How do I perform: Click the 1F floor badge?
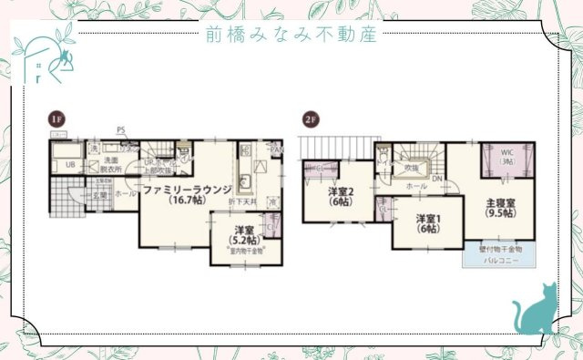tap(56, 119)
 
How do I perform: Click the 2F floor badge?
tap(311, 119)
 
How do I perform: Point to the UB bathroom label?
tap(68, 165)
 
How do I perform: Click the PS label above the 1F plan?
tap(120, 130)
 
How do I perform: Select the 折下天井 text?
tap(243, 201)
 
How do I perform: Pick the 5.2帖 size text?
tap(244, 240)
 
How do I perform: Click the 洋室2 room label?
tap(341, 191)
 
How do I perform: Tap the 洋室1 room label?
tap(429, 218)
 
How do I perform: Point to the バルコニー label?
tap(496, 260)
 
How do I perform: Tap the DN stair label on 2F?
tap(437, 179)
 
